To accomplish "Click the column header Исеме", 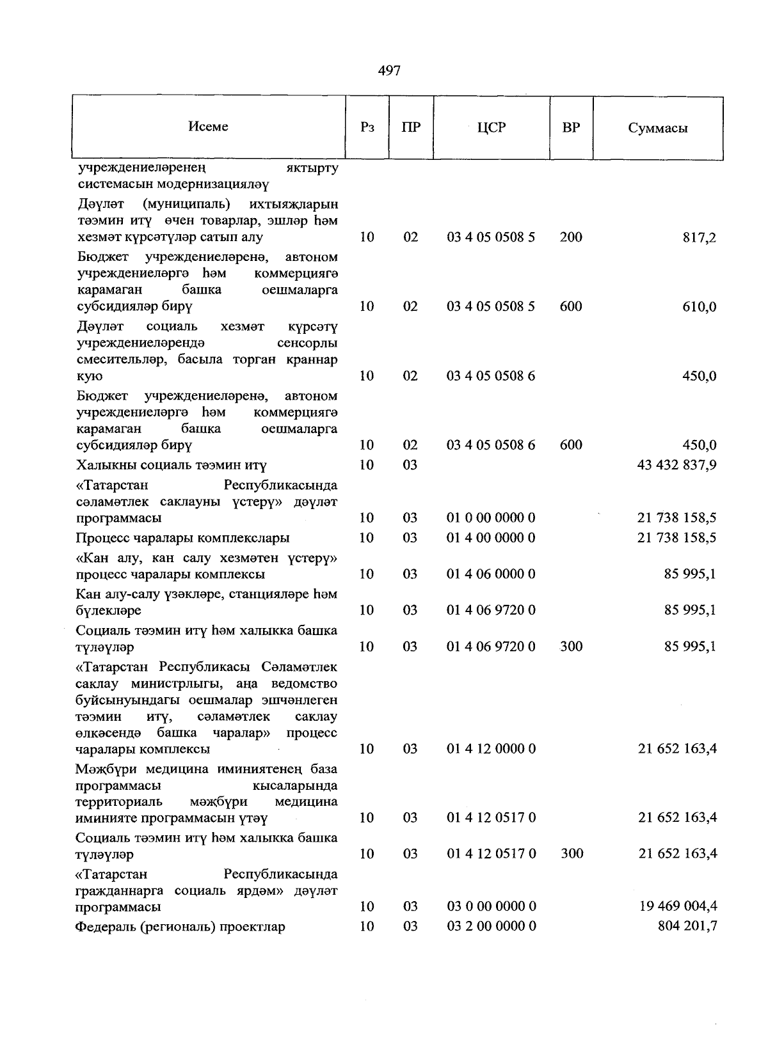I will [x=208, y=127].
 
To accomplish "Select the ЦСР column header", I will [x=491, y=127].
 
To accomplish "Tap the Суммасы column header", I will [x=657, y=128].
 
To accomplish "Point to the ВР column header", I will [x=571, y=127].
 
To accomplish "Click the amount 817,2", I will [x=700, y=238].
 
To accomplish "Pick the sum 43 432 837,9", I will [x=676, y=465].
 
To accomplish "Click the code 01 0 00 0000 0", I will [x=491, y=517].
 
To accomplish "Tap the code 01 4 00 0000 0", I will [x=491, y=538].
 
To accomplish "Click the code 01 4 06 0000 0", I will [x=491, y=574].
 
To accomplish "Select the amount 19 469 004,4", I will [x=678, y=906].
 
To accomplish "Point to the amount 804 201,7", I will [x=687, y=927].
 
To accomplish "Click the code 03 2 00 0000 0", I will [x=491, y=927].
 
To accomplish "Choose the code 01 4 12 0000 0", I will [x=491, y=749].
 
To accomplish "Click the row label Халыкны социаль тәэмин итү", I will [x=171, y=465].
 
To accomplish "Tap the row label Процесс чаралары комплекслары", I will [x=182, y=538].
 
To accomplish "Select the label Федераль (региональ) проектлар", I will [x=180, y=927].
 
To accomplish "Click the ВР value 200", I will [x=571, y=237].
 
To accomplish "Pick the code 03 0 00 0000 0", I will [x=491, y=906].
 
